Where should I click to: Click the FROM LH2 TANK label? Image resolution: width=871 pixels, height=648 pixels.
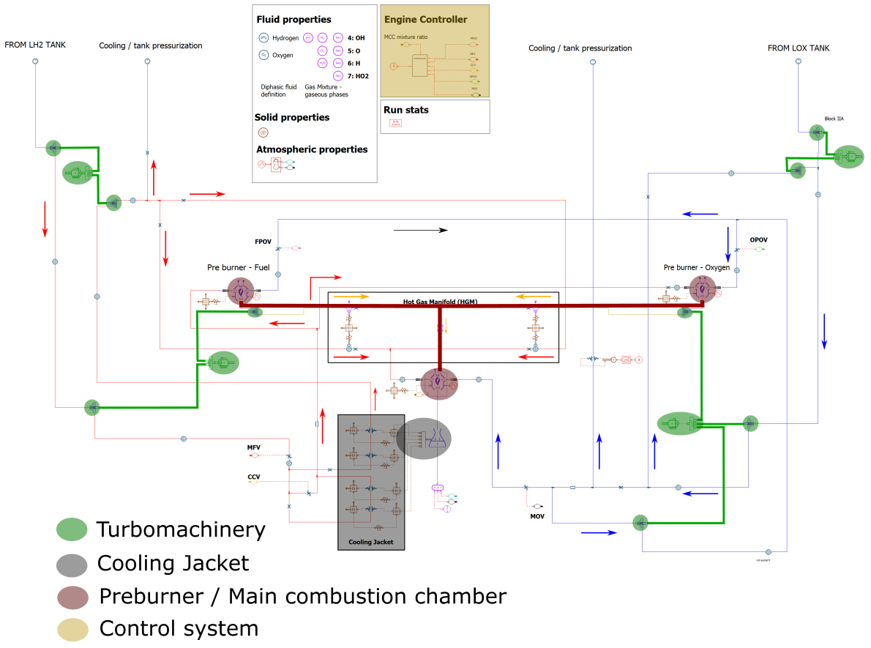point(35,45)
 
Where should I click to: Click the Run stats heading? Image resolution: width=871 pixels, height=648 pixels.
point(405,110)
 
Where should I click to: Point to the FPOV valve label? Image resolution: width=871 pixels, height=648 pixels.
point(263,241)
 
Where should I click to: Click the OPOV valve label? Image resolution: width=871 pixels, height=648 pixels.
point(758,240)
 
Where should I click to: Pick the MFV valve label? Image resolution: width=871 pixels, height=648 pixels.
point(253,447)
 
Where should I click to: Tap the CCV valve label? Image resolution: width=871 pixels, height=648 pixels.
point(253,477)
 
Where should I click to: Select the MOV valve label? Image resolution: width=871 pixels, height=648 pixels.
point(537,517)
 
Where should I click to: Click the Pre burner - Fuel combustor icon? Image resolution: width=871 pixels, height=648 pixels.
point(239,291)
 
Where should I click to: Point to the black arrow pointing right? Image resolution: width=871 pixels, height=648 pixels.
point(420,230)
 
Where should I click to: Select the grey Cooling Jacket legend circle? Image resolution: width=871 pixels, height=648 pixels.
point(72,563)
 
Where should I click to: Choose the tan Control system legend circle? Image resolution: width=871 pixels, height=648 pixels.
point(72,629)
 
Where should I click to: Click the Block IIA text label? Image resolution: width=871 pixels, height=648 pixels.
point(834,119)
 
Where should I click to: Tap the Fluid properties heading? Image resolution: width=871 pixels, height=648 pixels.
point(294,20)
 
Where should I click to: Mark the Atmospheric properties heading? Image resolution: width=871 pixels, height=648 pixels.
point(312,149)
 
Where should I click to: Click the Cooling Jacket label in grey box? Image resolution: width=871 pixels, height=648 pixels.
point(370,542)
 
